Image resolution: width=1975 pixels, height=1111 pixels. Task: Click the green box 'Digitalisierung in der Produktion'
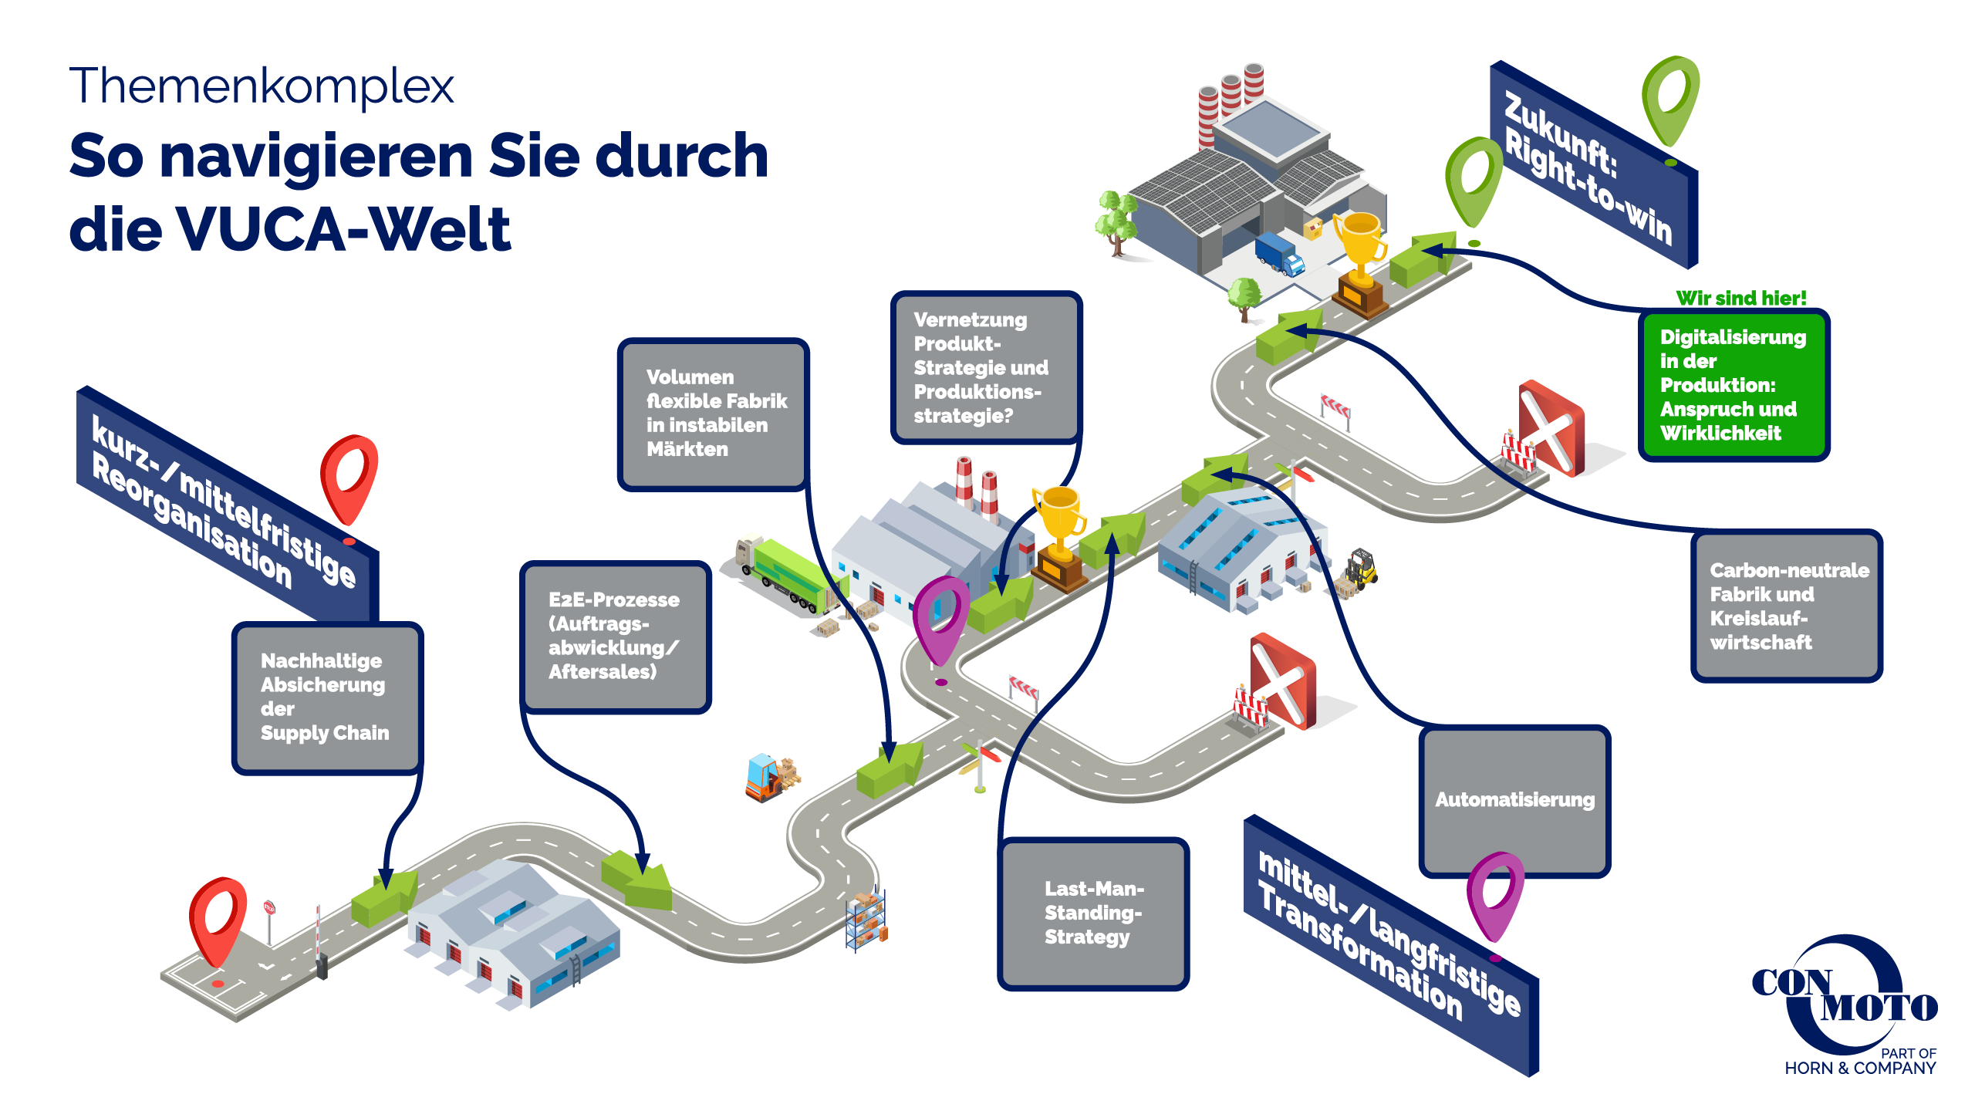point(1733,384)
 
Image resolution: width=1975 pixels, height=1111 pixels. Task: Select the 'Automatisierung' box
point(1514,800)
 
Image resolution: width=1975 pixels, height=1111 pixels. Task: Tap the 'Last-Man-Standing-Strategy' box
point(1093,913)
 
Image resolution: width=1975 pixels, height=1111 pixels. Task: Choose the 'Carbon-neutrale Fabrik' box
point(1786,606)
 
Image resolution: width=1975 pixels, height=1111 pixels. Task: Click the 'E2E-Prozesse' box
point(615,636)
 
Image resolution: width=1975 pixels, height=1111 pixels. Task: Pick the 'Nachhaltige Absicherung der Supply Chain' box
point(327,697)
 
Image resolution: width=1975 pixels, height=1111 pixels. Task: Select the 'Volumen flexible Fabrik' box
point(713,414)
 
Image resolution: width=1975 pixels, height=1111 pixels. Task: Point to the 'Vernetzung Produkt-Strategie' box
point(985,367)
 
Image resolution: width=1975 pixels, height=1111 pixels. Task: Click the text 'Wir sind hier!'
point(1740,298)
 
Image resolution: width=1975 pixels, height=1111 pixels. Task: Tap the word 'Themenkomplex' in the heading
point(262,86)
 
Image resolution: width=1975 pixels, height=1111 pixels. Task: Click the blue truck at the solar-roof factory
point(1279,253)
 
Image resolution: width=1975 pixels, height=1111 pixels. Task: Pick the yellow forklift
point(1360,570)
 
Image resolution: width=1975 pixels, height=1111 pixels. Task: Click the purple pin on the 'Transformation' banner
point(1494,895)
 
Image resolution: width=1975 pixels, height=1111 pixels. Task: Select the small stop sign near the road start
point(269,909)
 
